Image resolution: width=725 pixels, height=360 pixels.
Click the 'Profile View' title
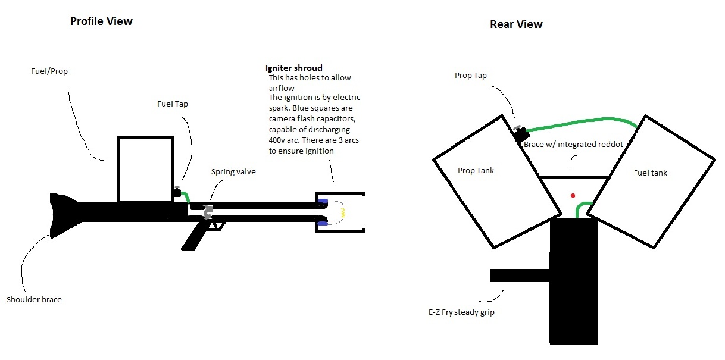[x=101, y=21]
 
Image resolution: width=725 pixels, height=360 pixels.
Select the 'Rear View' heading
[x=516, y=24]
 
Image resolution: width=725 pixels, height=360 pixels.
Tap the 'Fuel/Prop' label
[x=49, y=71]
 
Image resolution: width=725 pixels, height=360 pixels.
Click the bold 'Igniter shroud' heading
[x=293, y=68]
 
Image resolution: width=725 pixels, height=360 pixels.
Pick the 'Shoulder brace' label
[x=34, y=299]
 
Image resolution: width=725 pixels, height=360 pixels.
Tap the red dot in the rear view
[x=573, y=195]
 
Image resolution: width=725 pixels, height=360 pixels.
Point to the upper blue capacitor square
[x=323, y=201]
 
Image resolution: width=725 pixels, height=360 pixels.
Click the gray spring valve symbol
[x=208, y=212]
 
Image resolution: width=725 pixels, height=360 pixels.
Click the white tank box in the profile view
[x=146, y=170]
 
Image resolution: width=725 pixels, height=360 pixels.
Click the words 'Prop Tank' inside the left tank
[x=476, y=171]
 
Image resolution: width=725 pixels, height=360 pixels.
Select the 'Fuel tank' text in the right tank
[x=651, y=173]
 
